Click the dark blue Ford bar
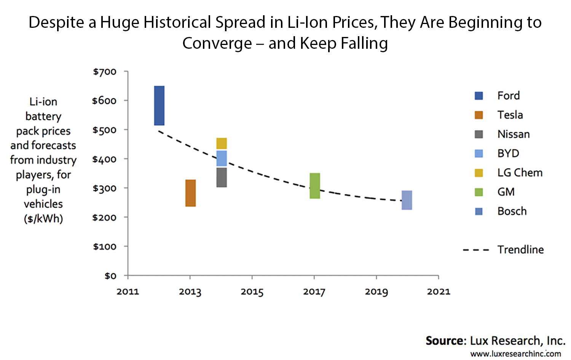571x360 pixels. pyautogui.click(x=159, y=106)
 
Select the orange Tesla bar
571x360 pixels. pyautogui.click(x=190, y=193)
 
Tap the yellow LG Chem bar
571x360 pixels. pyautogui.click(x=222, y=143)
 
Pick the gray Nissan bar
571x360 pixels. pyautogui.click(x=222, y=178)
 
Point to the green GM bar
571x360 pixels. pyautogui.click(x=315, y=186)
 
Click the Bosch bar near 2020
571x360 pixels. pyautogui.click(x=407, y=200)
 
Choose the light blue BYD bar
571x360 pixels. pyautogui.click(x=222, y=158)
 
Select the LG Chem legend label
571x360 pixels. pyautogui.click(x=520, y=173)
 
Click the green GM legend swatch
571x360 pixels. pyautogui.click(x=479, y=192)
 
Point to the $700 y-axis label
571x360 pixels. pyautogui.click(x=105, y=72)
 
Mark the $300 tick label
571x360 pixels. pyautogui.click(x=105, y=188)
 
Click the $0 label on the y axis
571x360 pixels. pyautogui.click(x=110, y=276)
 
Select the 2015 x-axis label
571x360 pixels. pyautogui.click(x=252, y=292)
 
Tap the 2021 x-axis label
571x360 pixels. pyautogui.click(x=439, y=292)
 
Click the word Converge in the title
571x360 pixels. pyautogui.click(x=217, y=43)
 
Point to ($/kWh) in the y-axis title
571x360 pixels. pyautogui.click(x=43, y=219)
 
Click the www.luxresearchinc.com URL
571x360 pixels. pyautogui.click(x=515, y=354)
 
